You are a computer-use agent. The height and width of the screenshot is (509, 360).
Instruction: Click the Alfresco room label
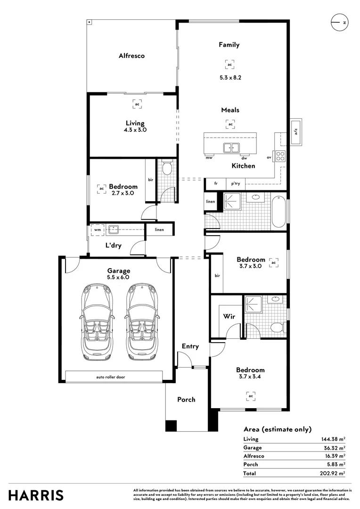pos(131,56)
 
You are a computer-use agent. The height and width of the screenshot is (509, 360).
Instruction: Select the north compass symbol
pos(339,23)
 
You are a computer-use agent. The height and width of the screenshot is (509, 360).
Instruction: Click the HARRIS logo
pos(36,495)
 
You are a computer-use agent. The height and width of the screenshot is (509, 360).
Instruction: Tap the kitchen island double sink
pos(231,148)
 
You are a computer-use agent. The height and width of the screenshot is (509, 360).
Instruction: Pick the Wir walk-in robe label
pos(229,316)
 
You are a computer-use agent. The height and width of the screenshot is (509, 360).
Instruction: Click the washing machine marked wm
pos(97,230)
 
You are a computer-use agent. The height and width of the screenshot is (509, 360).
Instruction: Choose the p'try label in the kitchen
pos(234,184)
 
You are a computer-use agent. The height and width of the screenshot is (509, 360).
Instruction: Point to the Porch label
pos(186,400)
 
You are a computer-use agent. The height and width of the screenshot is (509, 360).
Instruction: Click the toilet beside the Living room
pos(166,168)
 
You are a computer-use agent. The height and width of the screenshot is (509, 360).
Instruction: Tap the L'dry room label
pos(113,246)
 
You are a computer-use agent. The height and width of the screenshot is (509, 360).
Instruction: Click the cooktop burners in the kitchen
pos(281,156)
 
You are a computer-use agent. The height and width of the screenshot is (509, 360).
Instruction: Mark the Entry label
pos(190,346)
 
